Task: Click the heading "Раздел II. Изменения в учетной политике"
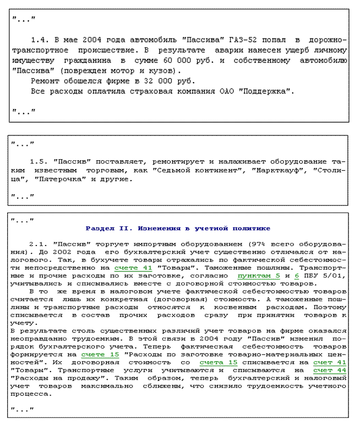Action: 178,228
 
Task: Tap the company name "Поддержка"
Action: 268,90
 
